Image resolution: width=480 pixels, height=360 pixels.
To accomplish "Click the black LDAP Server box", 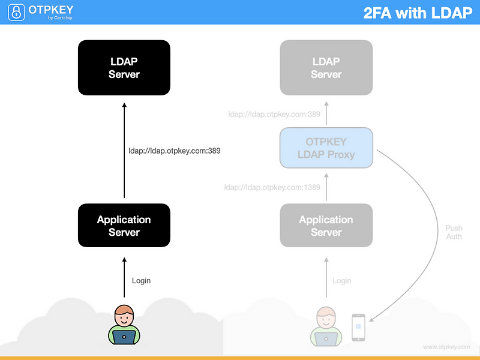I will [124, 67].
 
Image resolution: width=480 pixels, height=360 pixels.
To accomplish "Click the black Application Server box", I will [124, 226].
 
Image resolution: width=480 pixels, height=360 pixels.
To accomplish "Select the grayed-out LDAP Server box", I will [326, 67].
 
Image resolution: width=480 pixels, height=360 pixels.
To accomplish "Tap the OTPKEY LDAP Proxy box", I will [326, 148].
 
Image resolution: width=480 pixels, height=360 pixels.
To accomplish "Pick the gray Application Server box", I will [326, 226].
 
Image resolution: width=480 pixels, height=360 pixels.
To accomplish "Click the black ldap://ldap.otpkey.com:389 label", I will [175, 151].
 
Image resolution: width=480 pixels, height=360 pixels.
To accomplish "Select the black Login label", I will [141, 280].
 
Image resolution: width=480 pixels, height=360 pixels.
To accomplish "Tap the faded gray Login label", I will [341, 280].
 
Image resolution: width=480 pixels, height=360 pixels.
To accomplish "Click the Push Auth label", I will [454, 232].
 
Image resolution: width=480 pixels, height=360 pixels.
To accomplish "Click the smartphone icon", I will [358, 327].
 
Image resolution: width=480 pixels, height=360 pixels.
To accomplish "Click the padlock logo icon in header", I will [14, 12].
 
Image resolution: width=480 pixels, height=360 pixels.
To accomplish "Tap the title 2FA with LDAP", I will [418, 13].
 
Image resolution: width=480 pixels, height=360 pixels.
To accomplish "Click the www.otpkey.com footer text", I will [446, 347].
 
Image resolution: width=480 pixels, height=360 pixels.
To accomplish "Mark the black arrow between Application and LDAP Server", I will [124, 150].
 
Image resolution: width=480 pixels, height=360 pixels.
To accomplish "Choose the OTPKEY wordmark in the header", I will [51, 10].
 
